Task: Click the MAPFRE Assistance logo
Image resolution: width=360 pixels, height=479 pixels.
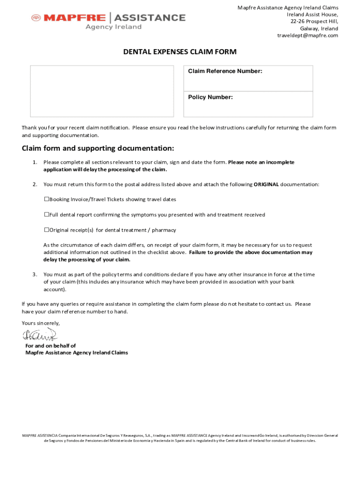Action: pos(108,20)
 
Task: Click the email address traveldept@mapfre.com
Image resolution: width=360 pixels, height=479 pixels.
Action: pos(307,36)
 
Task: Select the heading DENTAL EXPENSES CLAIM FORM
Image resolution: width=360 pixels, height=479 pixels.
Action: pos(180,52)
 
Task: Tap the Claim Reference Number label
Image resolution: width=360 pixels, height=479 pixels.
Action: pos(225,71)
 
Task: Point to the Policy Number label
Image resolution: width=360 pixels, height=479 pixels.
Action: pos(210,97)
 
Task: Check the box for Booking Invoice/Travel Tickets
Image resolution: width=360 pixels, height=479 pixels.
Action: pos(47,199)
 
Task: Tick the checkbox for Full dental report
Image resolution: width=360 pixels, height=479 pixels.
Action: pos(47,215)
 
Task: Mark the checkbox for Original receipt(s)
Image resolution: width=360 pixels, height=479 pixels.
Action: pos(47,230)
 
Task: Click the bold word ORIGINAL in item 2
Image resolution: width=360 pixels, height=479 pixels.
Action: pos(266,184)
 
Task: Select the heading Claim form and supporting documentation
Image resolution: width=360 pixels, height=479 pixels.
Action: pos(98,148)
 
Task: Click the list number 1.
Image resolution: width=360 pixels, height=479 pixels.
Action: pos(35,162)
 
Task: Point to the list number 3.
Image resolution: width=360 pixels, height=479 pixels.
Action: pos(35,275)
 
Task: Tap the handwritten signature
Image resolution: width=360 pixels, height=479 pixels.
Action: pos(39,335)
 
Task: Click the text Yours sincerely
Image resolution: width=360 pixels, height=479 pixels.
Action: pos(41,323)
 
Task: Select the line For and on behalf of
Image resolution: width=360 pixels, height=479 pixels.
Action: pos(50,346)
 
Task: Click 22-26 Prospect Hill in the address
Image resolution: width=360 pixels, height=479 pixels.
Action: pos(314,22)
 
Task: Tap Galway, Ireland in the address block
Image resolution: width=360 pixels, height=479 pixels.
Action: pos(319,29)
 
